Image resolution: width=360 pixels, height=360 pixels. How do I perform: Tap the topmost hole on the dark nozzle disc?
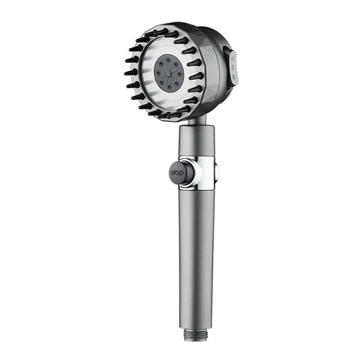click(x=167, y=59)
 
